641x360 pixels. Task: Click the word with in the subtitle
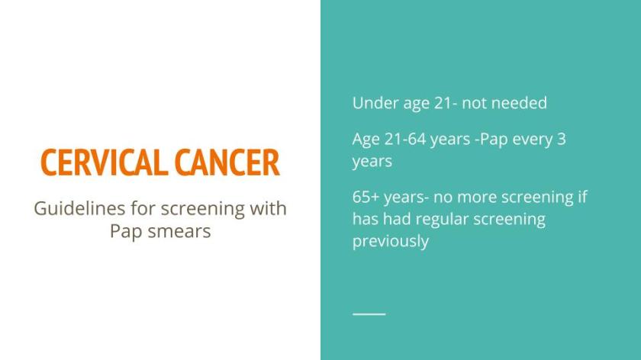(x=267, y=208)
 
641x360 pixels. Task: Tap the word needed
(x=519, y=103)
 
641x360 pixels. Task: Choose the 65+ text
(x=366, y=198)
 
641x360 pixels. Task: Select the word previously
(x=390, y=242)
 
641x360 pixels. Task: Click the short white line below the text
(x=369, y=313)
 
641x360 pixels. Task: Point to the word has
(x=365, y=220)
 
